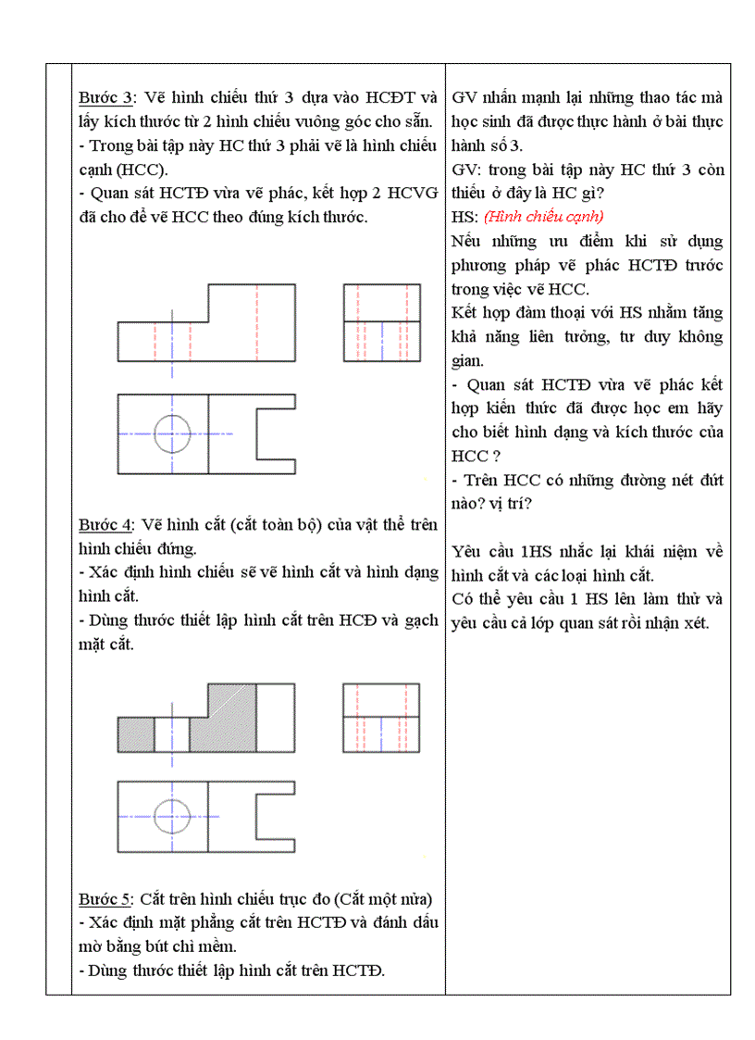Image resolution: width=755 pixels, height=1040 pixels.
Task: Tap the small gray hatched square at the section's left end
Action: pyautogui.click(x=135, y=734)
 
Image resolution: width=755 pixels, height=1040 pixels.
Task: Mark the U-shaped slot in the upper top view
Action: pyautogui.click(x=276, y=433)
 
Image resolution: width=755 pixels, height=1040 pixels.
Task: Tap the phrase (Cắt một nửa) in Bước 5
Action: pyautogui.click(x=380, y=899)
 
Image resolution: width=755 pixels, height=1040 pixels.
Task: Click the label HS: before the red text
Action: pyautogui.click(x=464, y=217)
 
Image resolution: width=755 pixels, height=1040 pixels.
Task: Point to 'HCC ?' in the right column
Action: pyautogui.click(x=476, y=457)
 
